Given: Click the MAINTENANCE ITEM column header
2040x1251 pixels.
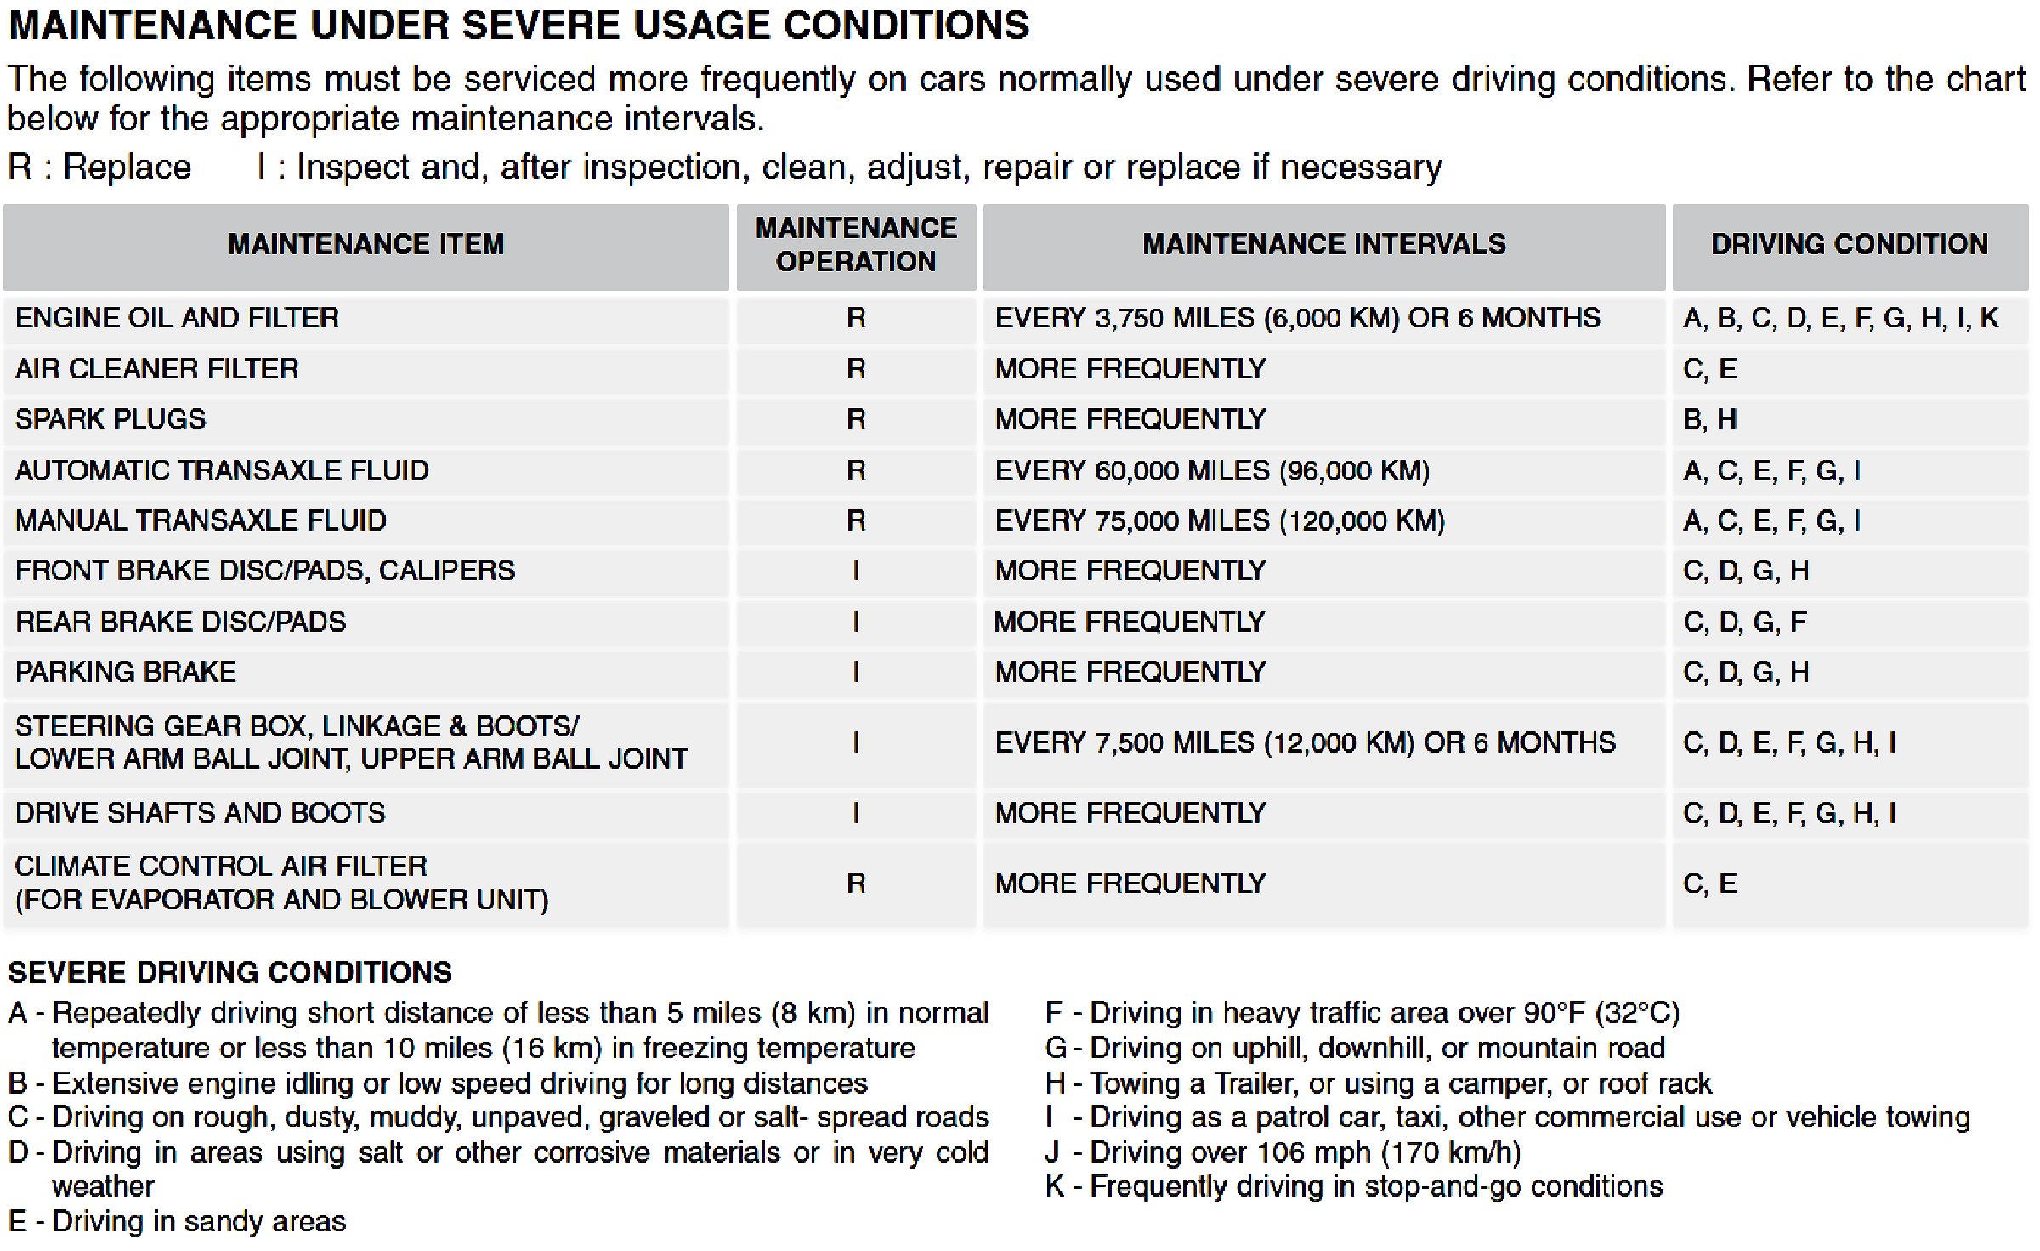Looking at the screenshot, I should coord(365,245).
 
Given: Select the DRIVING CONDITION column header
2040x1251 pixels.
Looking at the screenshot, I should coord(1849,245).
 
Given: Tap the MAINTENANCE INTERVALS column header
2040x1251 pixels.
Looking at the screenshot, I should coord(1323,245).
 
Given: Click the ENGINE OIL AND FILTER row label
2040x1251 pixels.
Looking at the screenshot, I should coord(177,318).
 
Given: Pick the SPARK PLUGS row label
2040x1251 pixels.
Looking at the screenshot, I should coord(110,419).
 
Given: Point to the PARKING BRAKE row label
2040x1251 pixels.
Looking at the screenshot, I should coord(126,673).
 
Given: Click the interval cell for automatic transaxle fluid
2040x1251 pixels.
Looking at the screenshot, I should coord(1212,471).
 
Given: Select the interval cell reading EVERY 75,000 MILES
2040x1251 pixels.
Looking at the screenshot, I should coord(1220,521).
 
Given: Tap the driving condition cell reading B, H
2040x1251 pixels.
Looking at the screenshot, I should coord(1709,419).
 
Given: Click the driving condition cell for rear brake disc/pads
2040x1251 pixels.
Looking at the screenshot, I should coord(1744,623).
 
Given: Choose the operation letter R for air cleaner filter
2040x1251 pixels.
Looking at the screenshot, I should coord(856,369).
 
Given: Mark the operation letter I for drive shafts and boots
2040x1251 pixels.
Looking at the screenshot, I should coord(856,814).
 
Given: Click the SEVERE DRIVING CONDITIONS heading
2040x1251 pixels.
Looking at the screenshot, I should coord(229,973).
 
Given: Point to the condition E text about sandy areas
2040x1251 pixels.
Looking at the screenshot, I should coord(177,1222).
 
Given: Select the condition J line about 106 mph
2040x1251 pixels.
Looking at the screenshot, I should coord(1283,1153).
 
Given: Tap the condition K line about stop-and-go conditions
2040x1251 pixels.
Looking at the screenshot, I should coord(1353,1187).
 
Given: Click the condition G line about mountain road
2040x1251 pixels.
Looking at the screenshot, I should coord(1355,1049).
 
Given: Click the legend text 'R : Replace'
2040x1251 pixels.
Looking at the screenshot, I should coord(99,168).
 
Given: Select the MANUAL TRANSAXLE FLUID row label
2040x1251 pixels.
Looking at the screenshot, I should coord(201,521).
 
